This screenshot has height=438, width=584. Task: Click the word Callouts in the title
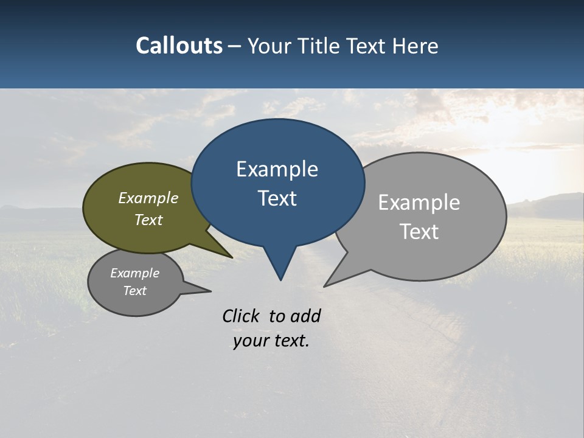click(x=179, y=46)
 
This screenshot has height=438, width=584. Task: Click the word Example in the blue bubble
click(x=277, y=169)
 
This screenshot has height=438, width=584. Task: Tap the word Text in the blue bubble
click(x=277, y=198)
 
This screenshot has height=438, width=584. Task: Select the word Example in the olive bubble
click(x=148, y=198)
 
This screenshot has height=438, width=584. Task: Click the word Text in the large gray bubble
click(x=419, y=232)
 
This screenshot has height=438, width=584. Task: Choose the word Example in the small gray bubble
click(x=134, y=273)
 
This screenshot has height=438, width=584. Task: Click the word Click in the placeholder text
click(x=240, y=316)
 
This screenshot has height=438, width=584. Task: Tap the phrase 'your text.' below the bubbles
click(x=271, y=341)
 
